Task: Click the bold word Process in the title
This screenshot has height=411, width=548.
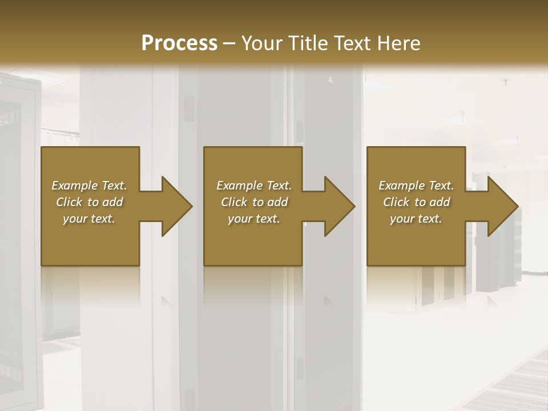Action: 179,43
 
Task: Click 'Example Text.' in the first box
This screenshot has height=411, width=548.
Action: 89,186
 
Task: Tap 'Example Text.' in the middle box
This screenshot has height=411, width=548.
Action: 254,186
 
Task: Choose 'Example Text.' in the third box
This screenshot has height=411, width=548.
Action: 416,186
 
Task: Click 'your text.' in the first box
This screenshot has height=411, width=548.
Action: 89,219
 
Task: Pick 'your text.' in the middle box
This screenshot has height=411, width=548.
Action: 254,219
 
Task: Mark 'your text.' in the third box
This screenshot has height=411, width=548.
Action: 416,219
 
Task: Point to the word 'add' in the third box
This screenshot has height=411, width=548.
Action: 440,202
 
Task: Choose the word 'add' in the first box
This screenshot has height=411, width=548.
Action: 112,202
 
